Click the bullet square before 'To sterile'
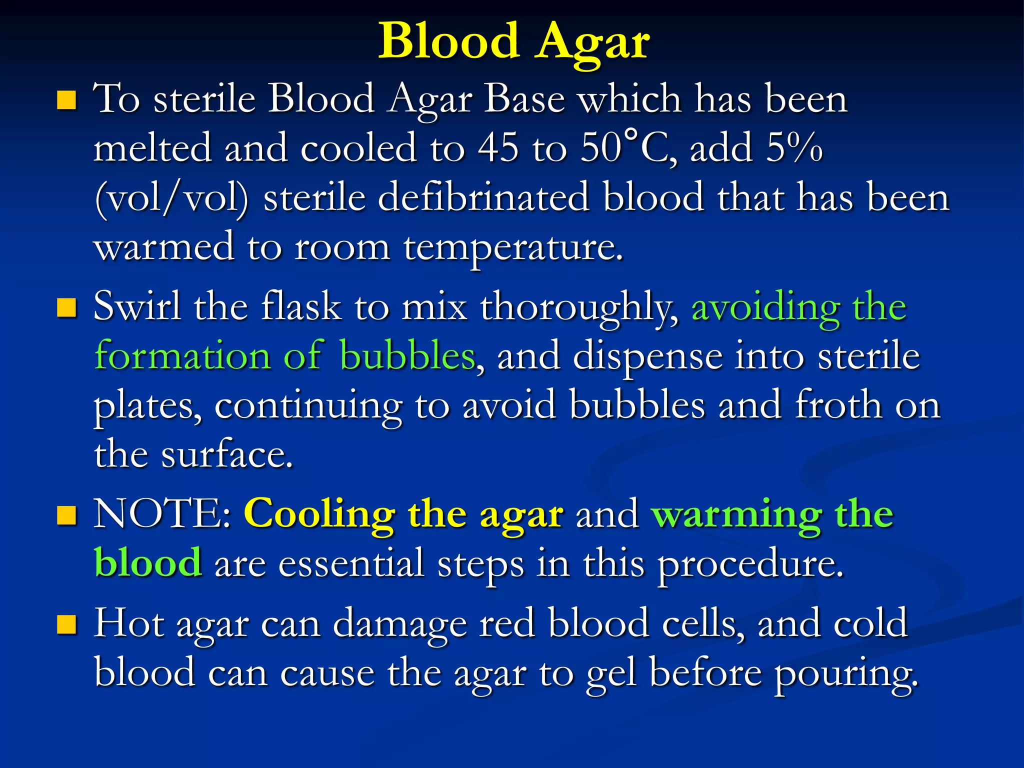click(66, 100)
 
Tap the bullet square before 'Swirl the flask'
click(66, 308)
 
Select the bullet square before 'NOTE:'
click(66, 515)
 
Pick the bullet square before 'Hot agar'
click(66, 624)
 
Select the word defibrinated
click(483, 197)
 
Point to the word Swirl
click(137, 306)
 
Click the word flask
click(301, 306)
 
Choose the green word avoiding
click(765, 308)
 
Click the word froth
click(838, 405)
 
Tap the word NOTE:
click(162, 513)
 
